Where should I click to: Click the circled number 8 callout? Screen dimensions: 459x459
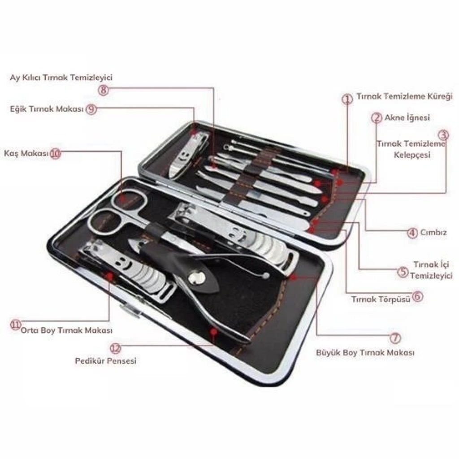click(103, 90)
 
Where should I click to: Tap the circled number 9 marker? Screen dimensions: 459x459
click(91, 109)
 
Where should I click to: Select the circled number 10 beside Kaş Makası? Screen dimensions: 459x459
click(55, 153)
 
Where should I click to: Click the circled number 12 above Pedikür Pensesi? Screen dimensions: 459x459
click(115, 348)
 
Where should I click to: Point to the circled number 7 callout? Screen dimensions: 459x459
click(395, 338)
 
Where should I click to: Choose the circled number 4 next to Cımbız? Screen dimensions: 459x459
click(412, 233)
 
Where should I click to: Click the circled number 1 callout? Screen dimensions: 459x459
click(347, 99)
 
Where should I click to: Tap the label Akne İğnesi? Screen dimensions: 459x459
click(407, 118)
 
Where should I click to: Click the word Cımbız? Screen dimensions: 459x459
click(433, 233)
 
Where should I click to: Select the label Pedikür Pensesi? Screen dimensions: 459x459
click(106, 361)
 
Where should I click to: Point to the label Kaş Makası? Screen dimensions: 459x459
click(26, 153)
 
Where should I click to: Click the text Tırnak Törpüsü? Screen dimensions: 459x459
click(381, 299)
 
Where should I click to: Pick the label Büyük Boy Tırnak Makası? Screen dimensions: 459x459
click(365, 352)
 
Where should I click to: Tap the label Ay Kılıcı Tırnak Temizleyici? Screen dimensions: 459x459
click(61, 78)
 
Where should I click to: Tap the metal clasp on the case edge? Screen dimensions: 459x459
click(130, 311)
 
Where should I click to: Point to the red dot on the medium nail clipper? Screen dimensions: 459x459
click(110, 276)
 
